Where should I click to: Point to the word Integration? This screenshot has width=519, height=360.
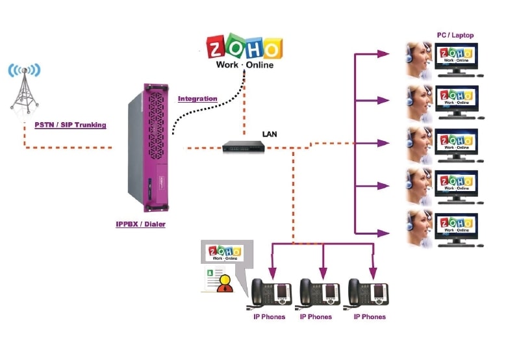click(197, 99)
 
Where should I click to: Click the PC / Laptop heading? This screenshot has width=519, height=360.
click(455, 34)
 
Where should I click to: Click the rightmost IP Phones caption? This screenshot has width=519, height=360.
click(370, 317)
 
